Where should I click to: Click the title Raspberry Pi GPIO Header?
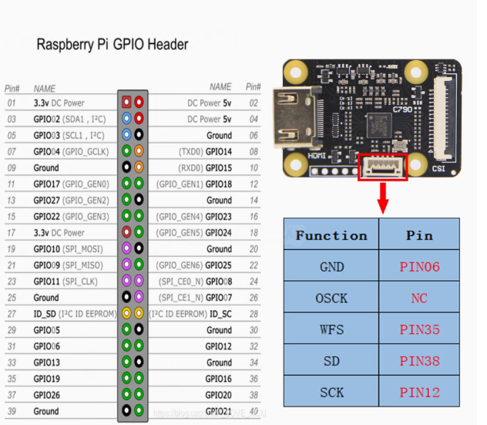pyautogui.click(x=112, y=45)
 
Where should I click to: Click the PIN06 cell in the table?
pyautogui.click(x=419, y=267)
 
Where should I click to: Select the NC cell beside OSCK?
pyautogui.click(x=419, y=299)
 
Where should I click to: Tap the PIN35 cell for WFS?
pyautogui.click(x=419, y=329)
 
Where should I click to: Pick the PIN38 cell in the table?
pyautogui.click(x=419, y=361)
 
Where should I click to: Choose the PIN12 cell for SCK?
pyautogui.click(x=419, y=392)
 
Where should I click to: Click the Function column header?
pyautogui.click(x=331, y=235)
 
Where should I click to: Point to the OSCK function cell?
pyautogui.click(x=331, y=299)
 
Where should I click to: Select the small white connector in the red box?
pyautogui.click(x=383, y=165)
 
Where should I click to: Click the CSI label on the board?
pyautogui.click(x=438, y=166)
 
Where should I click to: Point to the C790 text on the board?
pyautogui.click(x=403, y=110)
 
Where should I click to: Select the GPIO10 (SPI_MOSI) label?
pyautogui.click(x=69, y=249)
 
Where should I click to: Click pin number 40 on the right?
pyautogui.click(x=253, y=395)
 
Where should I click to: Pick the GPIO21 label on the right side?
pyautogui.click(x=219, y=411)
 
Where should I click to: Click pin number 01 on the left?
pyautogui.click(x=11, y=103)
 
